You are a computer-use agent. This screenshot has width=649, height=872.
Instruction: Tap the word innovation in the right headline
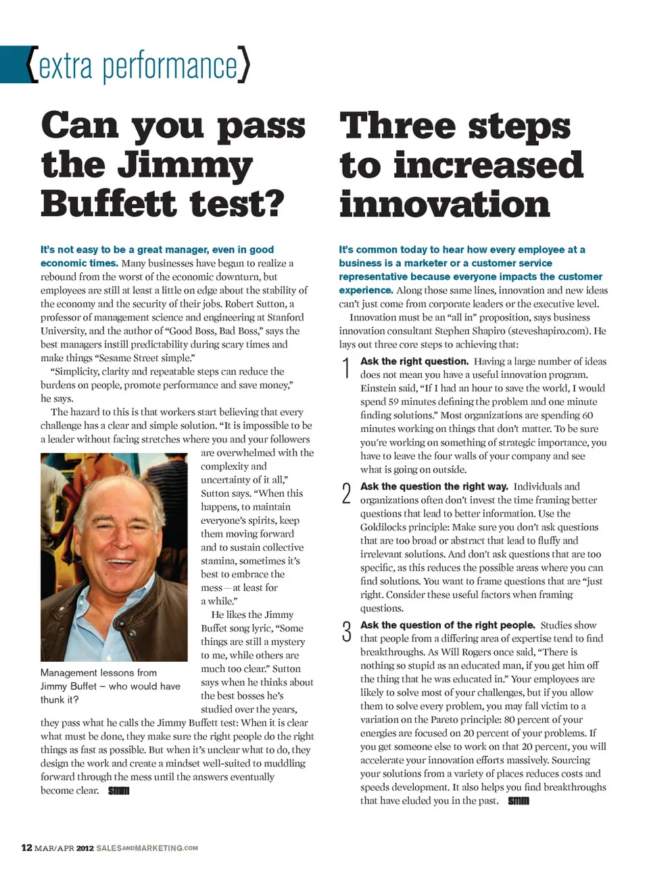click(x=444, y=203)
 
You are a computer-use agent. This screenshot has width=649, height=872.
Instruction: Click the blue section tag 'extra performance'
click(x=139, y=66)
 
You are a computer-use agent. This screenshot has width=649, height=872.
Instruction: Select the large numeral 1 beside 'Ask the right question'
click(x=346, y=368)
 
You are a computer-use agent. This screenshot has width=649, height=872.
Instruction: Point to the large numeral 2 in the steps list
click(x=346, y=493)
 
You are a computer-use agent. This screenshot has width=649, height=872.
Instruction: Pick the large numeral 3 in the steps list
click(x=346, y=632)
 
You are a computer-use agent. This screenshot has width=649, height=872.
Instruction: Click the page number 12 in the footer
click(x=26, y=848)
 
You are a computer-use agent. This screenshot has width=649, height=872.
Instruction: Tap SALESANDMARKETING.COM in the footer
click(x=147, y=848)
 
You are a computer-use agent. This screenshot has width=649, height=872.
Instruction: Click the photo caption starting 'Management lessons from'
click(x=110, y=686)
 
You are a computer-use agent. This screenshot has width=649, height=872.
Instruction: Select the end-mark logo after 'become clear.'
click(x=118, y=791)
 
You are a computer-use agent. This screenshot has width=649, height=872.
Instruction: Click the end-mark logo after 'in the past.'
click(x=519, y=801)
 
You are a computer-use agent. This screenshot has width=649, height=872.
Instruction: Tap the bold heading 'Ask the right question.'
click(x=414, y=362)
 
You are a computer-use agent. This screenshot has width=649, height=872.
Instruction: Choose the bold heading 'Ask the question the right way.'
click(x=434, y=487)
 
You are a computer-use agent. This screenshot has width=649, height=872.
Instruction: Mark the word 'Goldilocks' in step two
click(x=385, y=527)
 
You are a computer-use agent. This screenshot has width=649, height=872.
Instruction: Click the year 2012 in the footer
click(x=85, y=848)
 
